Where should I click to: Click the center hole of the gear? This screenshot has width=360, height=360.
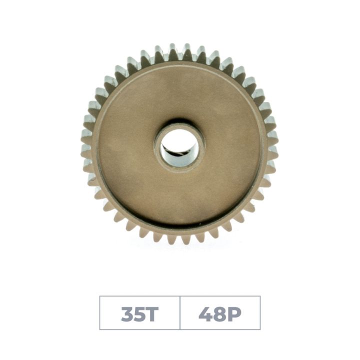179,147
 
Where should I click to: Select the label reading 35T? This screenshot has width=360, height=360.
139,314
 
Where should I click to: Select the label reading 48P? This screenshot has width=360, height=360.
220,314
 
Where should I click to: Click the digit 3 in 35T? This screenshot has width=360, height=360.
127,314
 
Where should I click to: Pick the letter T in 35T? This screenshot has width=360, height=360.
152,314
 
